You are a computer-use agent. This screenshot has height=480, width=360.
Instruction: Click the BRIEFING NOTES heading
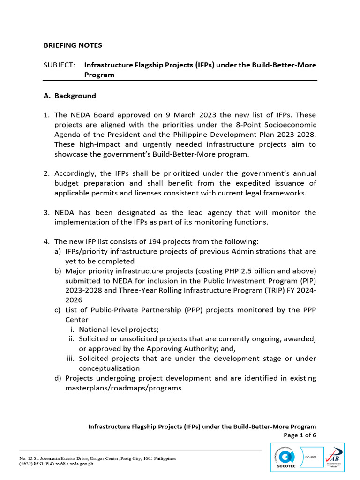click(x=73, y=45)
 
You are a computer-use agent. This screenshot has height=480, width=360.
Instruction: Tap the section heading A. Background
click(x=69, y=96)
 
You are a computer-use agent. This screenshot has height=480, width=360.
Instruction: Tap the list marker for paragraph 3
click(x=46, y=213)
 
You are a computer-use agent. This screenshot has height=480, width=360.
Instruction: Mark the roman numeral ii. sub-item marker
click(x=72, y=339)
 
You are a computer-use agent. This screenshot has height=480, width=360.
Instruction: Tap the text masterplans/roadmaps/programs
click(x=123, y=388)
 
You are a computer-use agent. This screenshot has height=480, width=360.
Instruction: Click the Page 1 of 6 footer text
click(x=300, y=435)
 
